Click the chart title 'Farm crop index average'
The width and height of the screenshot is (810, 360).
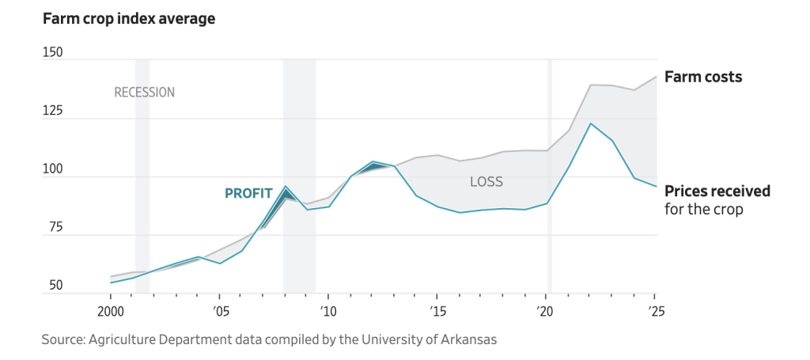129,18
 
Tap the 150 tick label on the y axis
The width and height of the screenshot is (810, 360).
52,52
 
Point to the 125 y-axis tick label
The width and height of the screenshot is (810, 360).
52,111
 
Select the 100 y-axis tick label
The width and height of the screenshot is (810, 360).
52,169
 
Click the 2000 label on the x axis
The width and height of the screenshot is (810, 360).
111,310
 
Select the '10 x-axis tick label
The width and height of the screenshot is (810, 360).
327,310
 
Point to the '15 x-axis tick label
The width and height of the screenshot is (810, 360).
436,310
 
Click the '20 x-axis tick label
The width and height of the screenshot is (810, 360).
545,310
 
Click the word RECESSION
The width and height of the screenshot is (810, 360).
145,93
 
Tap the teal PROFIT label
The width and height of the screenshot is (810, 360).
248,193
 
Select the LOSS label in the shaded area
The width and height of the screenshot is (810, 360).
486,182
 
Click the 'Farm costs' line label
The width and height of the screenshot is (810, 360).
703,78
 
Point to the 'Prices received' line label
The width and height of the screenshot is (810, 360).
717,191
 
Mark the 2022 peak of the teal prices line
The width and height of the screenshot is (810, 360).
590,123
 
